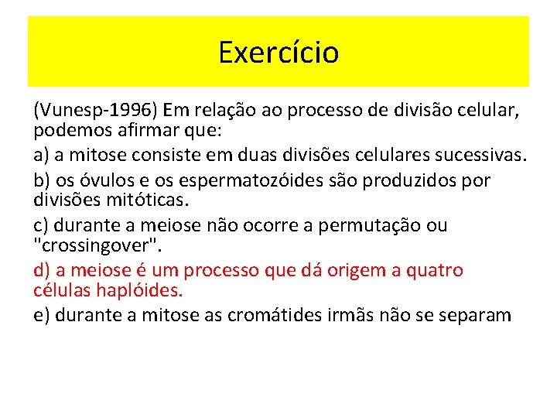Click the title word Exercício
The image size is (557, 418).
(278, 53)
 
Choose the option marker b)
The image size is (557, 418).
(43, 180)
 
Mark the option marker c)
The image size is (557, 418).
(42, 225)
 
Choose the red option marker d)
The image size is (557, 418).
(43, 270)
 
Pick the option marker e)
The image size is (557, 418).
(43, 315)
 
